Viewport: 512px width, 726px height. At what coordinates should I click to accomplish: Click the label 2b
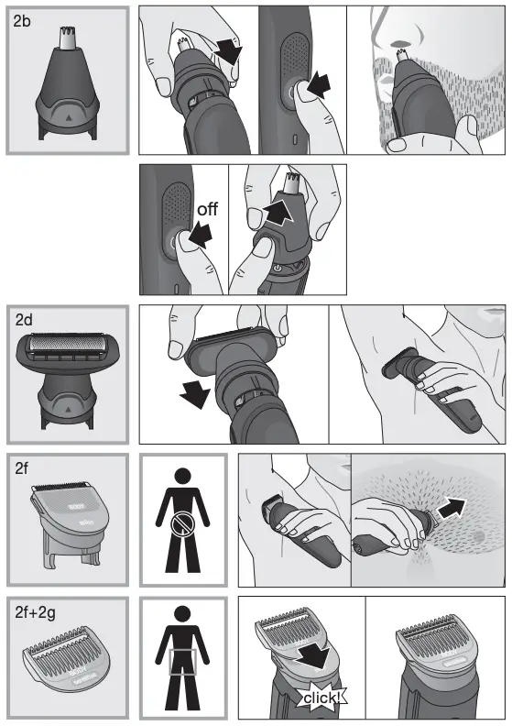pyautogui.click(x=24, y=22)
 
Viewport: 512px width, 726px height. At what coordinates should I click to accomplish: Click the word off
pyautogui.click(x=208, y=210)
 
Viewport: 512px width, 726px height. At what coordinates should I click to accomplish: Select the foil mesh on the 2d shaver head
pyautogui.click(x=64, y=349)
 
